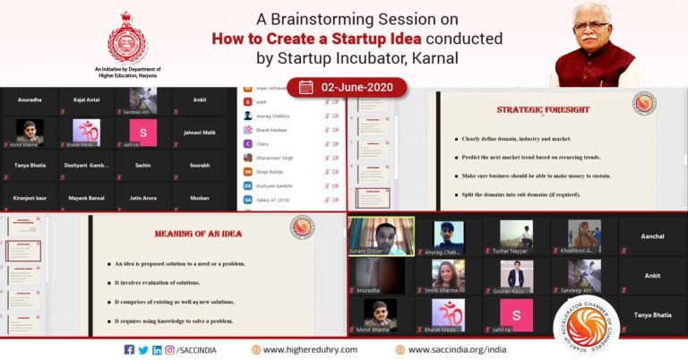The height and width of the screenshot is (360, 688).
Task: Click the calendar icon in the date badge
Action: pos(305,87)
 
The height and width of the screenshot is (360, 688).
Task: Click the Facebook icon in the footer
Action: pos(130,349)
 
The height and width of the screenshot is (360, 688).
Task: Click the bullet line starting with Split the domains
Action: pos(529,193)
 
